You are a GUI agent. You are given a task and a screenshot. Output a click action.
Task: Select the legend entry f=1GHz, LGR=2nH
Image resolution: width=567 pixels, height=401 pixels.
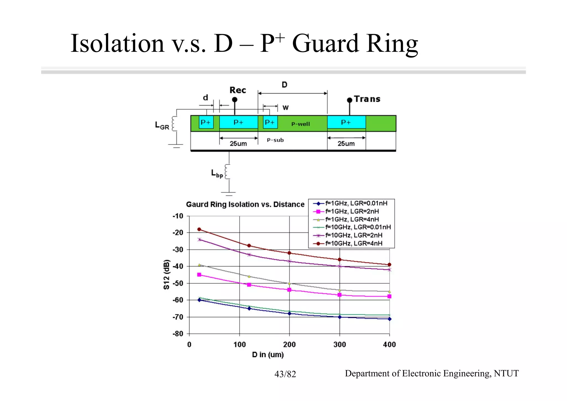352,211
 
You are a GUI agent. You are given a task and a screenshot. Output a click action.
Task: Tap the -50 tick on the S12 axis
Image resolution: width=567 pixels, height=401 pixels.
178,283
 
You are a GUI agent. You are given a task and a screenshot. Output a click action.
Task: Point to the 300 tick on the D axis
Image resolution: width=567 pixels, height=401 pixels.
339,344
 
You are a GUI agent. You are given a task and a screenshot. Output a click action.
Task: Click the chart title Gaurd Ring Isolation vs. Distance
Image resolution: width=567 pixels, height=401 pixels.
245,205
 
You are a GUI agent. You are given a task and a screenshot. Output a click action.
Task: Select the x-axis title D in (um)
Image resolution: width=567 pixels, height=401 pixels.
268,355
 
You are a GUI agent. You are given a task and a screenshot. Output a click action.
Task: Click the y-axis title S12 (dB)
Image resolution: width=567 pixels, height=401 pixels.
166,275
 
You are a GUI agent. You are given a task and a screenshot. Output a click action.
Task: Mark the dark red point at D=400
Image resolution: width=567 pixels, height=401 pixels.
389,265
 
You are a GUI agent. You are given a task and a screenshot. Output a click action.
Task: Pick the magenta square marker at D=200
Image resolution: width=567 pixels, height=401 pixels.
289,290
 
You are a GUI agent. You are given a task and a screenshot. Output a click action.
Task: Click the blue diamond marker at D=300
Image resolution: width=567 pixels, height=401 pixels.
339,317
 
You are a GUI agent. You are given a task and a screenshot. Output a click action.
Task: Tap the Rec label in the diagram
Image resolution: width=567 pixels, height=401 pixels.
238,90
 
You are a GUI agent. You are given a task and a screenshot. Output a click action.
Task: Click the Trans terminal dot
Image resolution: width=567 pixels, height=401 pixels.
350,100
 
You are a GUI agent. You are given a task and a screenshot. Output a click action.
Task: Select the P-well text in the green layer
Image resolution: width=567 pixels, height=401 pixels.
301,124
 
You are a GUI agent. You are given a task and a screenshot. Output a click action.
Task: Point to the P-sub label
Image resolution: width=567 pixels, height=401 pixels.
275,140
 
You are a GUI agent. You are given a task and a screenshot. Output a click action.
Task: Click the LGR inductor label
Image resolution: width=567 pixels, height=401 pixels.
162,126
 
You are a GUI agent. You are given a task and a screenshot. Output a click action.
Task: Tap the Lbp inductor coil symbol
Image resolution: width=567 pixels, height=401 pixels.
227,172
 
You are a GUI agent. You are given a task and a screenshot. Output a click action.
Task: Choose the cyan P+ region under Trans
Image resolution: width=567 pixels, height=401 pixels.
346,122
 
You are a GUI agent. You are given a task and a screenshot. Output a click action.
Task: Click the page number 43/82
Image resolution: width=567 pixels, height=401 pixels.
285,374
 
